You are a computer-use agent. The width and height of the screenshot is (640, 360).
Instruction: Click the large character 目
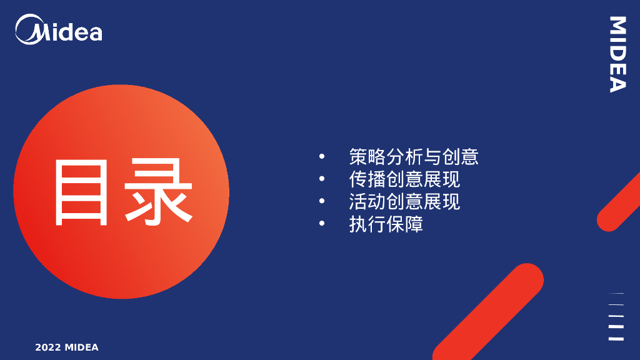tap(82, 192)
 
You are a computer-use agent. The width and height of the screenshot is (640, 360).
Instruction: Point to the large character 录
tap(157, 192)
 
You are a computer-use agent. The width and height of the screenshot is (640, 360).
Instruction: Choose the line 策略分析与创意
tap(414, 156)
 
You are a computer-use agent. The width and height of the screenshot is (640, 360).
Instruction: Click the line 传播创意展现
tap(404, 179)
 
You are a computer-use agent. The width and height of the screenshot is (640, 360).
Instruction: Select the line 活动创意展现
tap(404, 201)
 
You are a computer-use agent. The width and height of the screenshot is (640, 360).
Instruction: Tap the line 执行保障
tap(386, 224)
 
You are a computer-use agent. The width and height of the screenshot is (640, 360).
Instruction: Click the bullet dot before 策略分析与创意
tap(322, 156)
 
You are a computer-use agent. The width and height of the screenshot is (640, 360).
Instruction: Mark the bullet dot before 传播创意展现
tap(322, 179)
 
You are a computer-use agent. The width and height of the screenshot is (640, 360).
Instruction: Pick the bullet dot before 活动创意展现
tap(322, 201)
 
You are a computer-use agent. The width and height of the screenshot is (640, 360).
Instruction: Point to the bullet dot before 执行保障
tap(322, 224)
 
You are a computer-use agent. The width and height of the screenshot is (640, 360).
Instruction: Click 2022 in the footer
tap(47, 347)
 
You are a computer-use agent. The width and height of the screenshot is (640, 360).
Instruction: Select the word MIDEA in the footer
tap(81, 347)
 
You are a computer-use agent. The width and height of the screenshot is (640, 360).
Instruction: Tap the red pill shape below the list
tap(487, 312)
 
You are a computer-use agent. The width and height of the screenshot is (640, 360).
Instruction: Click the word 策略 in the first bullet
tap(367, 156)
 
